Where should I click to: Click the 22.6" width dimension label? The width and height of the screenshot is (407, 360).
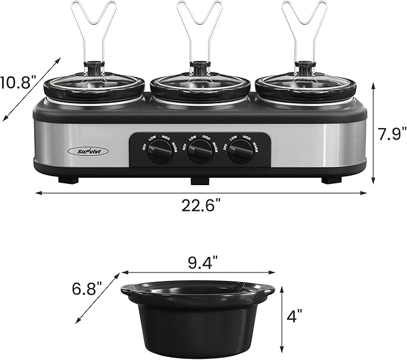point(201,205)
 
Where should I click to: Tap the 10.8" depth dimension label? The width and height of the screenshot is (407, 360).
point(17,83)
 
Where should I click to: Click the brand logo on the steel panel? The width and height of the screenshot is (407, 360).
point(89,152)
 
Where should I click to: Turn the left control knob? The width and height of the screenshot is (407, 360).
point(159,152)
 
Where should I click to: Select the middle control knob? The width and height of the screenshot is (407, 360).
point(200,152)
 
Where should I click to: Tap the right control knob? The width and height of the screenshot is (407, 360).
point(240,152)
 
